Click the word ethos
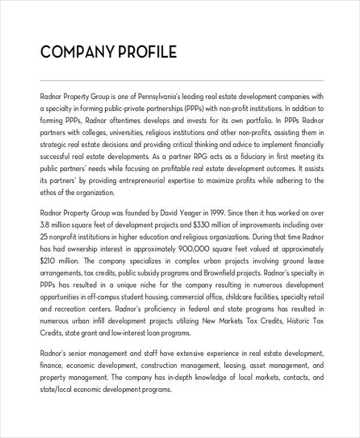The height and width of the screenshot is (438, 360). click(49, 193)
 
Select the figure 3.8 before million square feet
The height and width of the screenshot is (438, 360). click(45, 224)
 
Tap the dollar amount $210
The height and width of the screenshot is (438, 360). click(49, 260)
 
